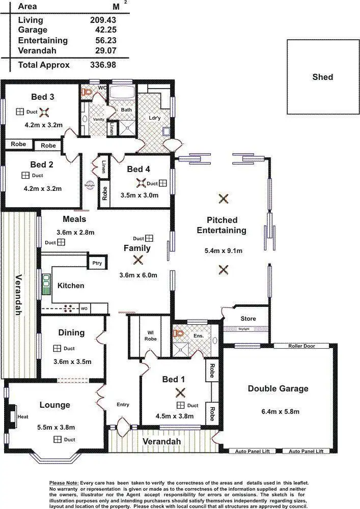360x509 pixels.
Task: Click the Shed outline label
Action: (x=322, y=77)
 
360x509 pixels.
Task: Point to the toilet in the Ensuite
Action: (x=178, y=333)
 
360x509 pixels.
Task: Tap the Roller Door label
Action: (x=301, y=346)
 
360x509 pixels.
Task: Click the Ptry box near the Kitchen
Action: (x=96, y=263)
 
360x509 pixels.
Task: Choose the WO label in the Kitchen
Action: (x=84, y=308)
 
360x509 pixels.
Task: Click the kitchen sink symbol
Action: (x=46, y=284)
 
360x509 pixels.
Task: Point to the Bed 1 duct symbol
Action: (x=180, y=405)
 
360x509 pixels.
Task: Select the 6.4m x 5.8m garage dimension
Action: (x=278, y=411)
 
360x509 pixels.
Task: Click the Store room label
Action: (x=248, y=319)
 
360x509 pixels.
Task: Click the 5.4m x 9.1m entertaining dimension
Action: (x=223, y=250)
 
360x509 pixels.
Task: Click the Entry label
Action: (x=123, y=405)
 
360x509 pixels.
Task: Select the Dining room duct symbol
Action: (x=57, y=349)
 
